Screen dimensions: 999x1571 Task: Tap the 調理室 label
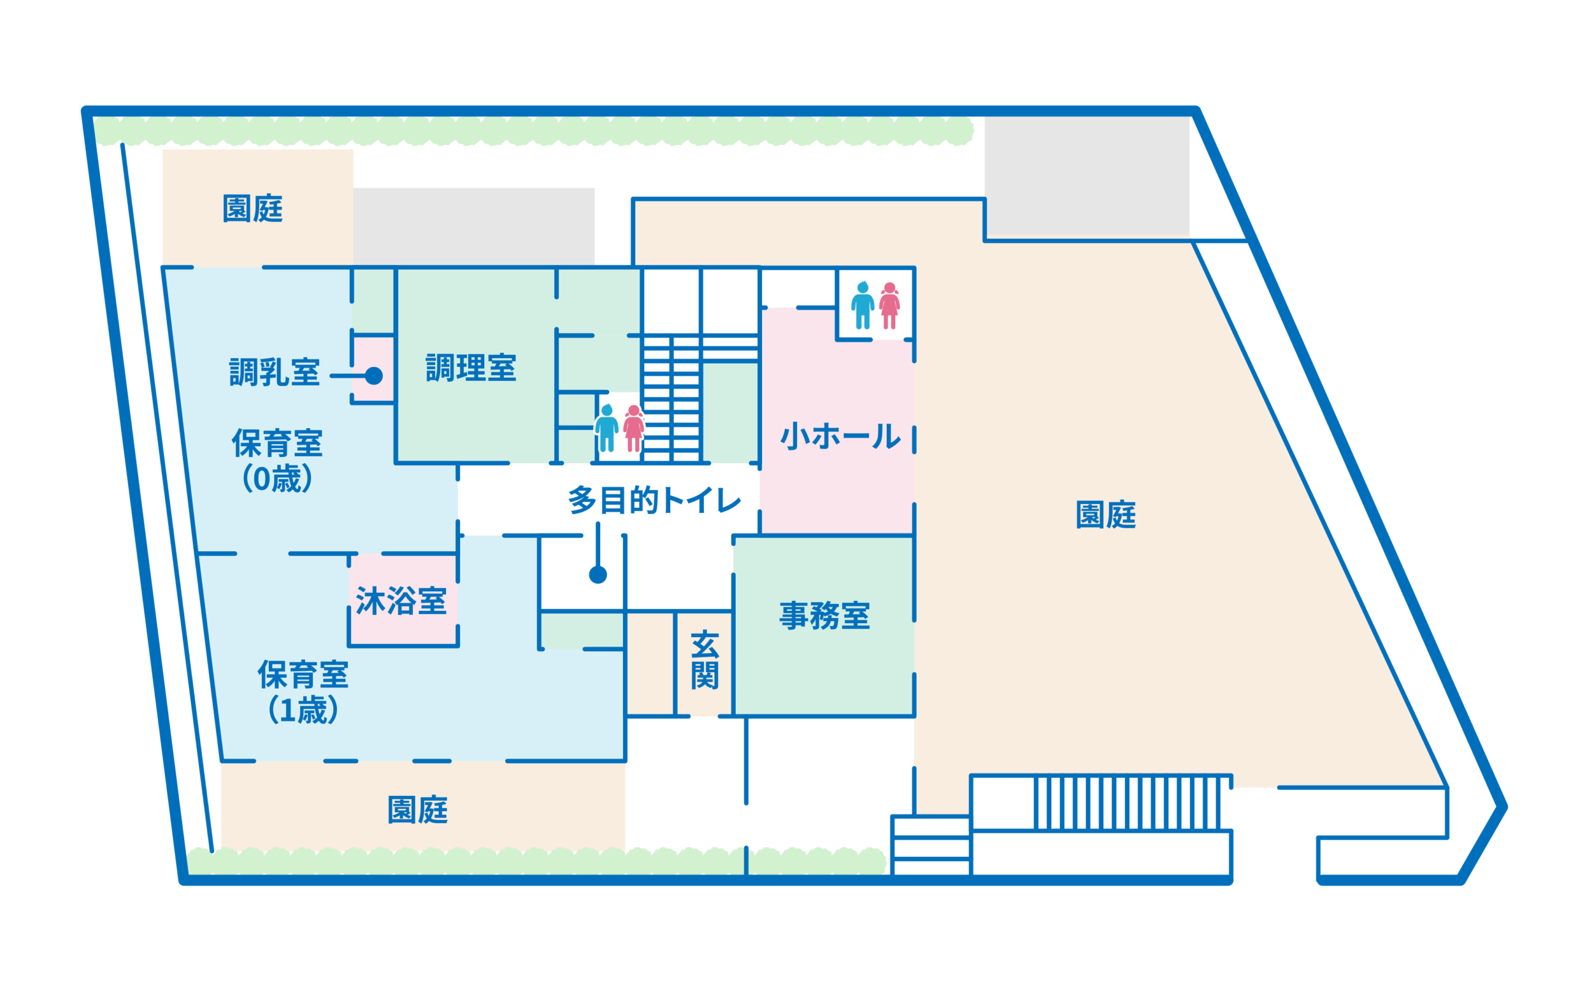pos(471,368)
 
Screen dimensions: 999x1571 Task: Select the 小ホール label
pos(840,435)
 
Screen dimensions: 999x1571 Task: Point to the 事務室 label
pos(824,615)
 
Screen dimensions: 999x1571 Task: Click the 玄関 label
pos(704,659)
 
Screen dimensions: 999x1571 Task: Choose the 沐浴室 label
pos(401,600)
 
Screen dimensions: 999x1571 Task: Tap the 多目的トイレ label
pos(654,500)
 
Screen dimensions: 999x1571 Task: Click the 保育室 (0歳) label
pos(277,461)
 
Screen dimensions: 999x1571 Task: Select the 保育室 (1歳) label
pos(303,691)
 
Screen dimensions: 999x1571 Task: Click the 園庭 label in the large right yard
pos(1105,515)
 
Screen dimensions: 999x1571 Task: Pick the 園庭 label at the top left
pos(252,209)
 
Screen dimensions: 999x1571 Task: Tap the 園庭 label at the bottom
pos(417,810)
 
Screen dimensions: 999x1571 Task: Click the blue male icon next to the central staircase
pos(607,428)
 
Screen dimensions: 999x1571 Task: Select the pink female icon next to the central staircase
pos(633,429)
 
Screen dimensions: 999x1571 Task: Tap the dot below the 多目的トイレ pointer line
pos(598,575)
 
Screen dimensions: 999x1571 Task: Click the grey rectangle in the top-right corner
pos(1086,176)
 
